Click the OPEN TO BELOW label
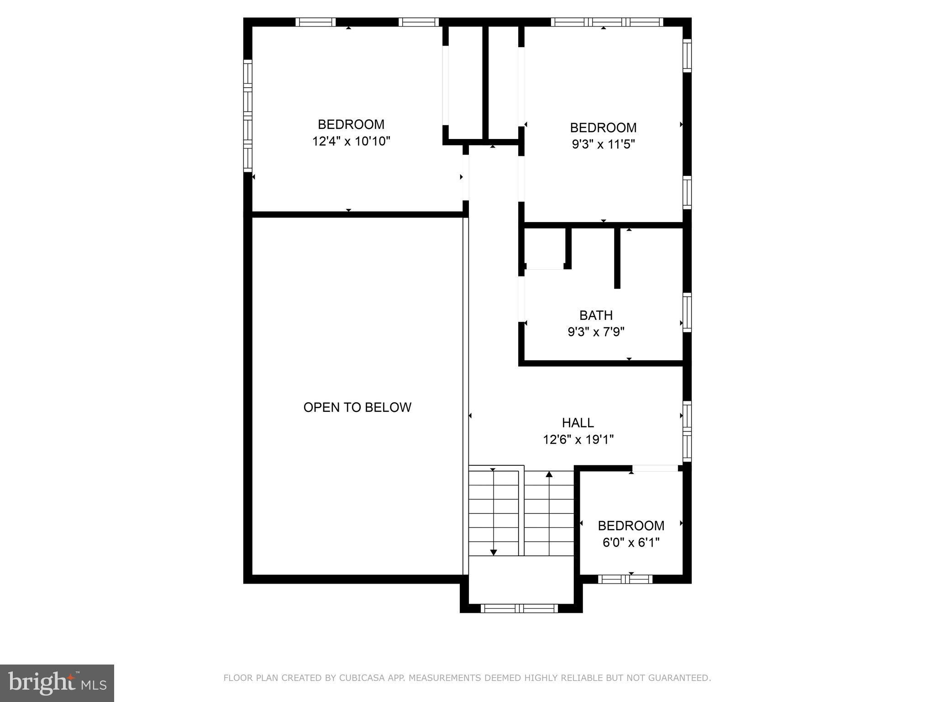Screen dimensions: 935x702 (357, 407)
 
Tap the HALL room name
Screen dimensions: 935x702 (578, 423)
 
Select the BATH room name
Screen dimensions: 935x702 (596, 315)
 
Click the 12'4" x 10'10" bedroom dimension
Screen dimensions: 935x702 (352, 141)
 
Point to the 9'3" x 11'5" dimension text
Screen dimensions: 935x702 (604, 144)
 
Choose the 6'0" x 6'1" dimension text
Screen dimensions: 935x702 (631, 542)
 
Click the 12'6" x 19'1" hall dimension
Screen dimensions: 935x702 (578, 440)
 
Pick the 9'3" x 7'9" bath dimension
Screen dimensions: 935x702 (596, 332)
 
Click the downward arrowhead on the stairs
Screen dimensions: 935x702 (493, 553)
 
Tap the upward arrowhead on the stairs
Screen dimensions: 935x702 (549, 474)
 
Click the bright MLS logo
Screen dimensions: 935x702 (57, 683)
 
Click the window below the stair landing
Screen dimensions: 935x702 (520, 608)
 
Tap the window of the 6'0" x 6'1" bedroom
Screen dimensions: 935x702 (625, 579)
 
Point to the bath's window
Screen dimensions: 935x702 (687, 312)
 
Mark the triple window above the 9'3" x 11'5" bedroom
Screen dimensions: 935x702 (607, 22)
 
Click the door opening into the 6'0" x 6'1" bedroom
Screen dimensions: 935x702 (655, 468)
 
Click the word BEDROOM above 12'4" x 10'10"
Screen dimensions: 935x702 (351, 124)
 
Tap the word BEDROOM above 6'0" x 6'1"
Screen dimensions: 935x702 (631, 526)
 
